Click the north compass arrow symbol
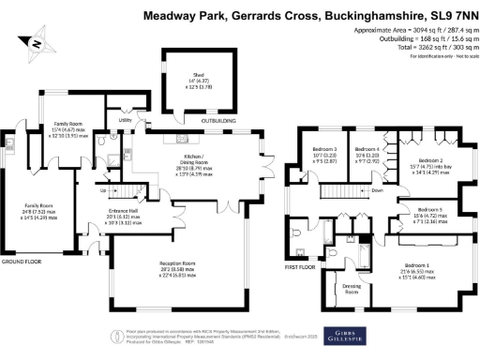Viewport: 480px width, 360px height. coord(36,41)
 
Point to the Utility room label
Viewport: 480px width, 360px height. coord(125,121)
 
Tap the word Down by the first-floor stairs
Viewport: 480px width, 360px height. coord(377,190)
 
